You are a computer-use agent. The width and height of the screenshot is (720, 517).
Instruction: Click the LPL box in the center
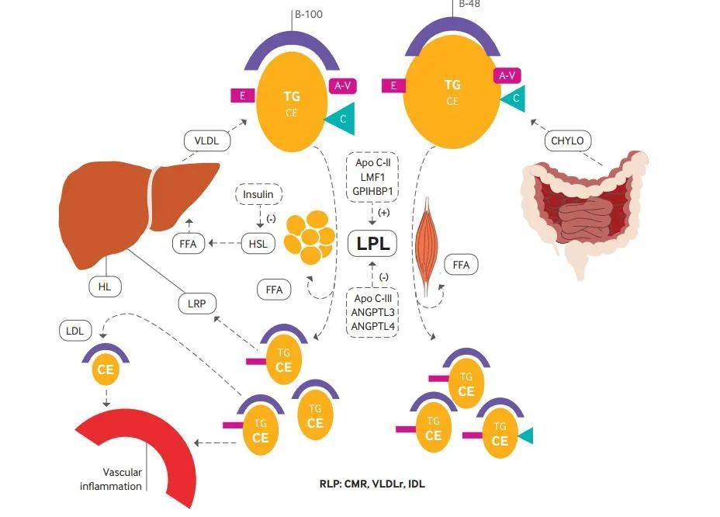372,243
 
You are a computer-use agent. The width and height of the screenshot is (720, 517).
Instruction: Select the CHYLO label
567,141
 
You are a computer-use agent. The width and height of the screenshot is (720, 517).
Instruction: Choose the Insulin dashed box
258,193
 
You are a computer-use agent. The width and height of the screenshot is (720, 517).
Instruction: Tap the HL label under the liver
106,287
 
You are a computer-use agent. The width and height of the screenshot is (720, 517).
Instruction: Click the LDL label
75,331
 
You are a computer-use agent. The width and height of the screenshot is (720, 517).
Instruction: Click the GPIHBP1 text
372,190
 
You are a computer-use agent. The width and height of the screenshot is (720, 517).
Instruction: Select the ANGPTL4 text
373,326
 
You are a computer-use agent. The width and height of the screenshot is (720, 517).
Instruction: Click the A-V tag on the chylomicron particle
507,75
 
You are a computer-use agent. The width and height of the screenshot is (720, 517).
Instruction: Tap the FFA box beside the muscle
461,265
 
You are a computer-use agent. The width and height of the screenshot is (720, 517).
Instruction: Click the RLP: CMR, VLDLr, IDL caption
372,484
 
